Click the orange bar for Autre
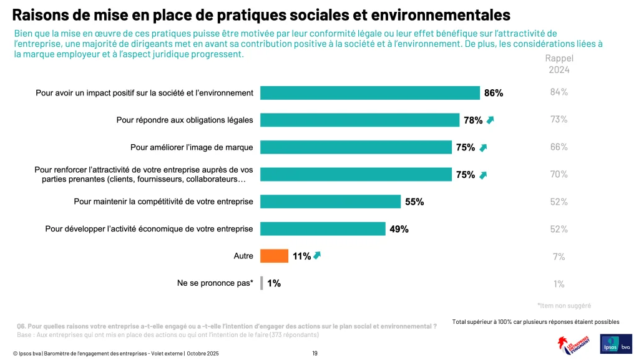(x=274, y=256)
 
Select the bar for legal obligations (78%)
(x=359, y=120)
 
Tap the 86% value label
(x=493, y=93)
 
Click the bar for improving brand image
(x=355, y=147)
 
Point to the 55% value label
(x=414, y=202)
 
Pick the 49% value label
(x=399, y=229)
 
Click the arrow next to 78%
(x=490, y=120)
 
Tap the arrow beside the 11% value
(x=318, y=255)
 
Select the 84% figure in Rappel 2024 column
(x=559, y=92)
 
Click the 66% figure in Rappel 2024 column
(x=559, y=147)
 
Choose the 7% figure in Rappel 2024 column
(x=559, y=256)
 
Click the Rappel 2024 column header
(x=559, y=64)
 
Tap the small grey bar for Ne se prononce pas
(x=261, y=283)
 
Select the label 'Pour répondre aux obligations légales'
(x=185, y=120)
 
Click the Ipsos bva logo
(x=615, y=344)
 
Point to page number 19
(x=315, y=354)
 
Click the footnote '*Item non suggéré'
(x=564, y=306)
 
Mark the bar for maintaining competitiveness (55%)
(x=330, y=202)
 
